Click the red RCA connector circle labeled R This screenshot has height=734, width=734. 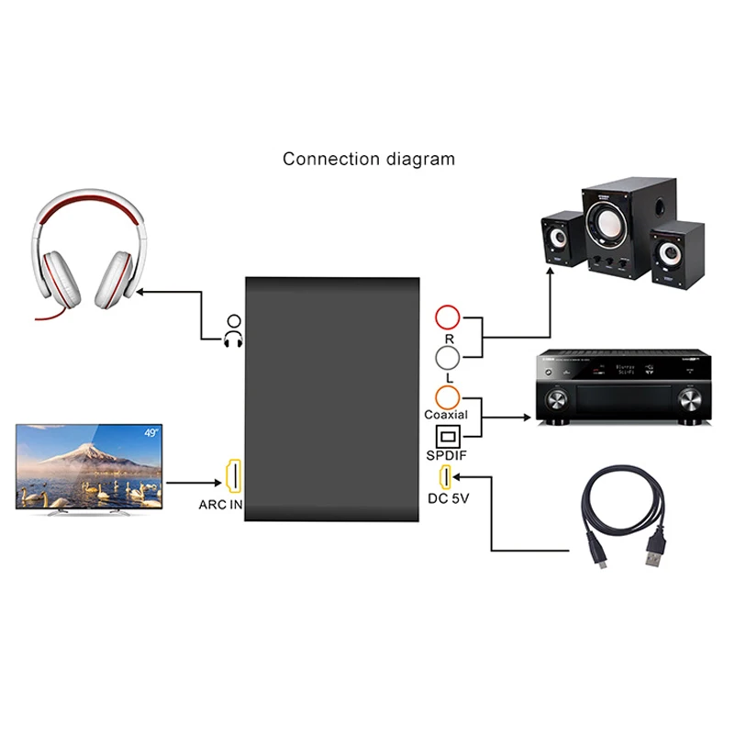[x=448, y=317]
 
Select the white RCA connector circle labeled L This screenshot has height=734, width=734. [x=448, y=357]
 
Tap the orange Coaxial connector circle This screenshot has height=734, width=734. [x=448, y=396]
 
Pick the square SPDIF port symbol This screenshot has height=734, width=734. [x=447, y=436]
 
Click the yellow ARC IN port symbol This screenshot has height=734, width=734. [x=233, y=475]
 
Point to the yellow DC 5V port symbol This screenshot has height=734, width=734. [x=446, y=477]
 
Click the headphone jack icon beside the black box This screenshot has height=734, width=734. [x=233, y=331]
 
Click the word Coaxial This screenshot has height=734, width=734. [x=446, y=415]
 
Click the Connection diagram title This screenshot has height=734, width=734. [x=369, y=159]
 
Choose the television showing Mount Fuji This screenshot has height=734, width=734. [x=90, y=466]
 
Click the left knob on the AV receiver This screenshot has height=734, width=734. [x=560, y=400]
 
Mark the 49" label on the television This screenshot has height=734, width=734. [x=150, y=431]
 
